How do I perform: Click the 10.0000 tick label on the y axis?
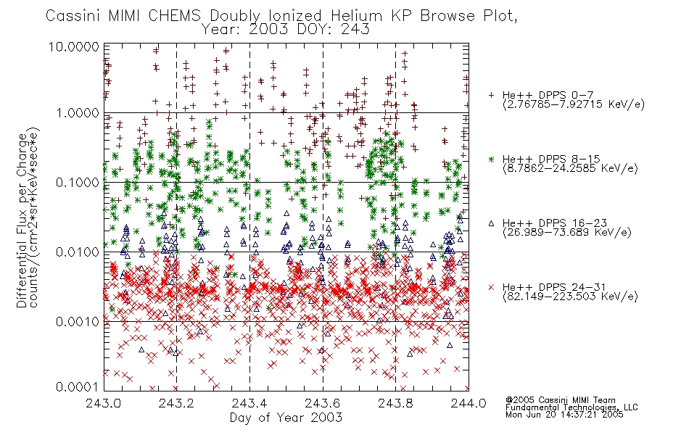[74, 46]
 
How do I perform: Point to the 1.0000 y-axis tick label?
[78, 113]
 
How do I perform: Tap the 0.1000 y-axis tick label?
[78, 183]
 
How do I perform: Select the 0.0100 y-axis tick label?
[78, 252]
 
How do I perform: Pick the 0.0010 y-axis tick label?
[78, 322]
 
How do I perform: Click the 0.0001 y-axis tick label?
[78, 386]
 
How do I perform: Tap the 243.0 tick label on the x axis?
[104, 403]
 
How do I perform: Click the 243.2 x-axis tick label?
[177, 403]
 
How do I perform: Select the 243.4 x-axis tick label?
[249, 403]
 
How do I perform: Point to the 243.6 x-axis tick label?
[323, 403]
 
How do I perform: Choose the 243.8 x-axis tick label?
[395, 403]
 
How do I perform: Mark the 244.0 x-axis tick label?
[469, 403]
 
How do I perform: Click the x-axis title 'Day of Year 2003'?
[286, 418]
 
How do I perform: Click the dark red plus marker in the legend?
[491, 95]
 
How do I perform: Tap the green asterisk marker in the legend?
[491, 159]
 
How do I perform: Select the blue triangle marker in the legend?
[491, 223]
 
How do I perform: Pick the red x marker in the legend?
[491, 287]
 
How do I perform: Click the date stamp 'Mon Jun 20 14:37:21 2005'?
[564, 414]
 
